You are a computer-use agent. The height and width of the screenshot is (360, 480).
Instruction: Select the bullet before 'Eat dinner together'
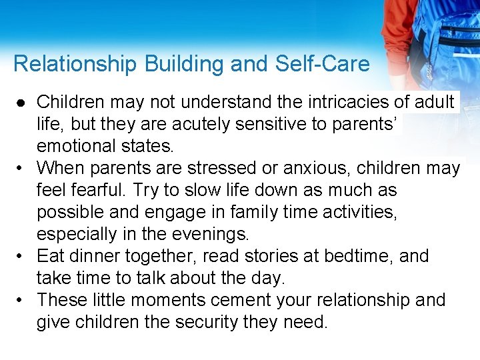22,256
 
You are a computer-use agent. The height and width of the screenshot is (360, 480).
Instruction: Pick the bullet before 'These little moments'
22,300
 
